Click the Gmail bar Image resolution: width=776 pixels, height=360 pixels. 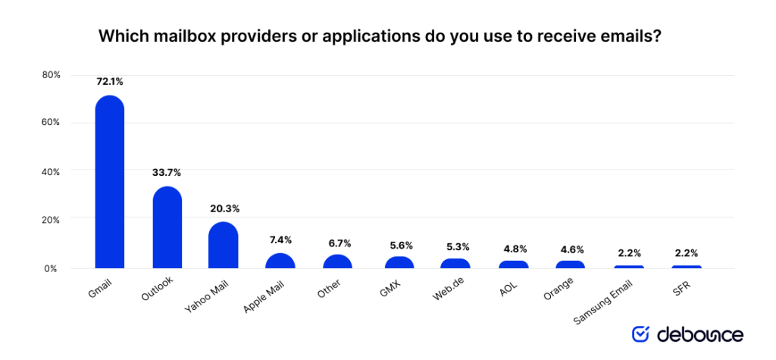pyautogui.click(x=109, y=182)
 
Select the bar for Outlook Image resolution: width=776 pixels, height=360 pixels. pyautogui.click(x=167, y=227)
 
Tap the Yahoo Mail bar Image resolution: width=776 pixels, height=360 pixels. pyautogui.click(x=224, y=245)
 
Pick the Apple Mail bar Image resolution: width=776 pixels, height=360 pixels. pyautogui.click(x=280, y=261)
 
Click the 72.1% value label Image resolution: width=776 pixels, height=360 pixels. pyautogui.click(x=109, y=80)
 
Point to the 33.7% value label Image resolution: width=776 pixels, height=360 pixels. pyautogui.click(x=167, y=172)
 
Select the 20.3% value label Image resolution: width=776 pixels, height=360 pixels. pyautogui.click(x=224, y=208)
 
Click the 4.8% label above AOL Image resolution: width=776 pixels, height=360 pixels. pyautogui.click(x=514, y=248)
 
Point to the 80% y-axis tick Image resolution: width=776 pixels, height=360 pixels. pyautogui.click(x=50, y=75)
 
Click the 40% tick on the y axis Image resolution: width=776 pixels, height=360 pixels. pyautogui.click(x=50, y=172)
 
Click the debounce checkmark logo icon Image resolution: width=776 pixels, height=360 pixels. pyautogui.click(x=640, y=334)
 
